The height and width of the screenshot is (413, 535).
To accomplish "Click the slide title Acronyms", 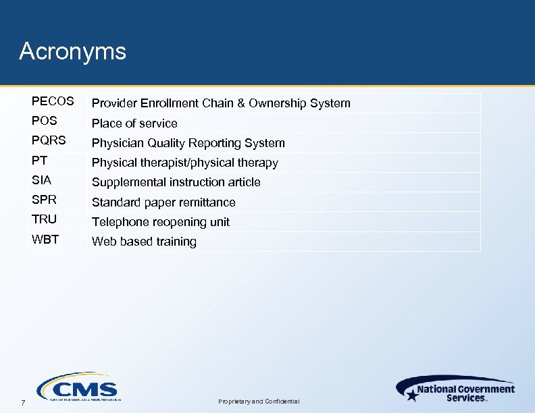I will [72, 51].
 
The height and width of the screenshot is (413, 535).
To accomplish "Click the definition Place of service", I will [134, 123].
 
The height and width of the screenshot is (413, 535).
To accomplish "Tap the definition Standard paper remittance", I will [163, 202].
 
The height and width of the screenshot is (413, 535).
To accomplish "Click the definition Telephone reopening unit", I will [161, 222].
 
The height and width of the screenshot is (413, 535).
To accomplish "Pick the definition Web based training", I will [144, 242].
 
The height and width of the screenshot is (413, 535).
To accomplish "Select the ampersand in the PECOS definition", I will [240, 103].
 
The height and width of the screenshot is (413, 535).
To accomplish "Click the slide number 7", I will [22, 403].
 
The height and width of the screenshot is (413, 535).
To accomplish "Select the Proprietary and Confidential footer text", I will [258, 402].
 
